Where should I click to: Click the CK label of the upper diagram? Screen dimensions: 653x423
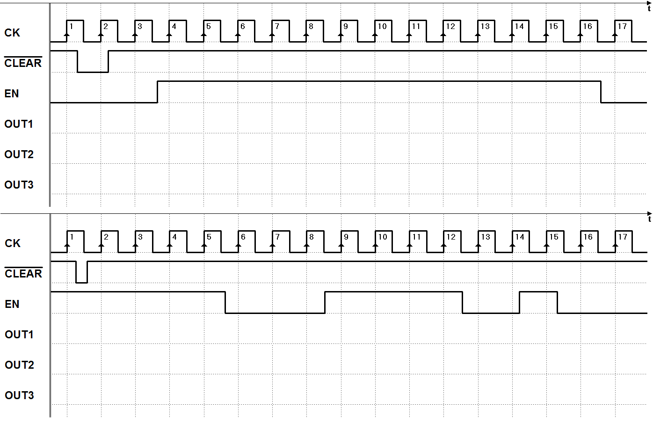click(x=12, y=33)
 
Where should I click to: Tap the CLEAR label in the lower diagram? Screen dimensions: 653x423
click(x=23, y=273)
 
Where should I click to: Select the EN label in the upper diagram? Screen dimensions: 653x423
click(x=11, y=94)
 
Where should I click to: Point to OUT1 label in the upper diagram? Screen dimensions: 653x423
click(x=18, y=124)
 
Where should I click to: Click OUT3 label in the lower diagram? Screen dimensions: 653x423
click(x=19, y=395)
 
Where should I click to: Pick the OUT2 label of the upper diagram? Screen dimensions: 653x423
click(x=19, y=154)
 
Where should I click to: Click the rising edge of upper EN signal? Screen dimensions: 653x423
click(x=158, y=92)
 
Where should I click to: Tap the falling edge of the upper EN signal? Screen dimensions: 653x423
click(x=601, y=92)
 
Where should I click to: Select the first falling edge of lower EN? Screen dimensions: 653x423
click(x=225, y=302)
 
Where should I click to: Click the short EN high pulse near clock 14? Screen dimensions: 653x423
click(x=538, y=292)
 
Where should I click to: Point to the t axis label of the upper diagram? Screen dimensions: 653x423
click(x=649, y=9)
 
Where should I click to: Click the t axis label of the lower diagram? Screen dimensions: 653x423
click(x=649, y=219)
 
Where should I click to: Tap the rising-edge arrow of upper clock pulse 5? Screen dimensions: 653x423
click(x=203, y=37)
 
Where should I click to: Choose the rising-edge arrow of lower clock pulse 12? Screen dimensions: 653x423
click(x=444, y=248)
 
